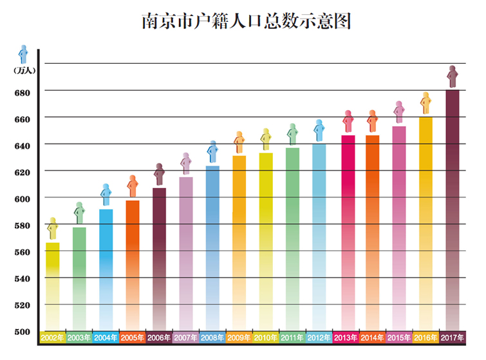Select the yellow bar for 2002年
(53, 287)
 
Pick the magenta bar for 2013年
(348, 232)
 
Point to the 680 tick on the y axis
(22, 92)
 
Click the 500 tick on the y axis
(22, 332)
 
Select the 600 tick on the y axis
(22, 198)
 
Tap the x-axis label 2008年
(212, 337)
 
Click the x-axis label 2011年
(292, 337)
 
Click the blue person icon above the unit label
(24, 54)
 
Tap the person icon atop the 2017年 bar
(453, 77)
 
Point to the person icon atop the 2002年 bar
(53, 229)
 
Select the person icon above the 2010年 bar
(265, 139)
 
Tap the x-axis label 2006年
(159, 337)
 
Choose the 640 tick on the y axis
(22, 146)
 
